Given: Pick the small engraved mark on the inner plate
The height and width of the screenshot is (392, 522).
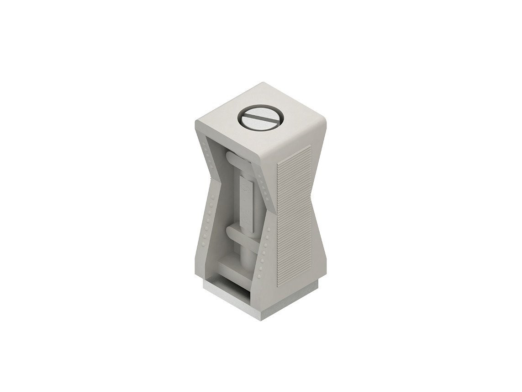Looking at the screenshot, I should point(245,185).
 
